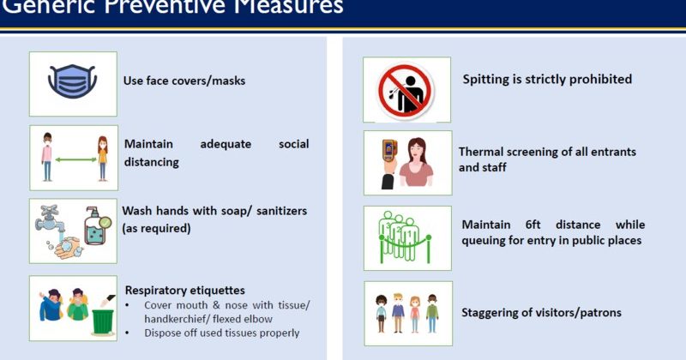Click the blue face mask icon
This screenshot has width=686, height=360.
pos(73,82)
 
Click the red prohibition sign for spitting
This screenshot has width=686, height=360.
pos(406,90)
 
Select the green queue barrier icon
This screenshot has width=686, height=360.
pos(406,237)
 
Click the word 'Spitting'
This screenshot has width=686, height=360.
pos(488,80)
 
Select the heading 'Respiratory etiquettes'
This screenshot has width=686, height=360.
pos(185,290)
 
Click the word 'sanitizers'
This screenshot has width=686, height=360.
pos(277,211)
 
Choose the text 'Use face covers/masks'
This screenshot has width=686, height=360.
pos(184,81)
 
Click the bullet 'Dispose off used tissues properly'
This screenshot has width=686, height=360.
pos(221,332)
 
